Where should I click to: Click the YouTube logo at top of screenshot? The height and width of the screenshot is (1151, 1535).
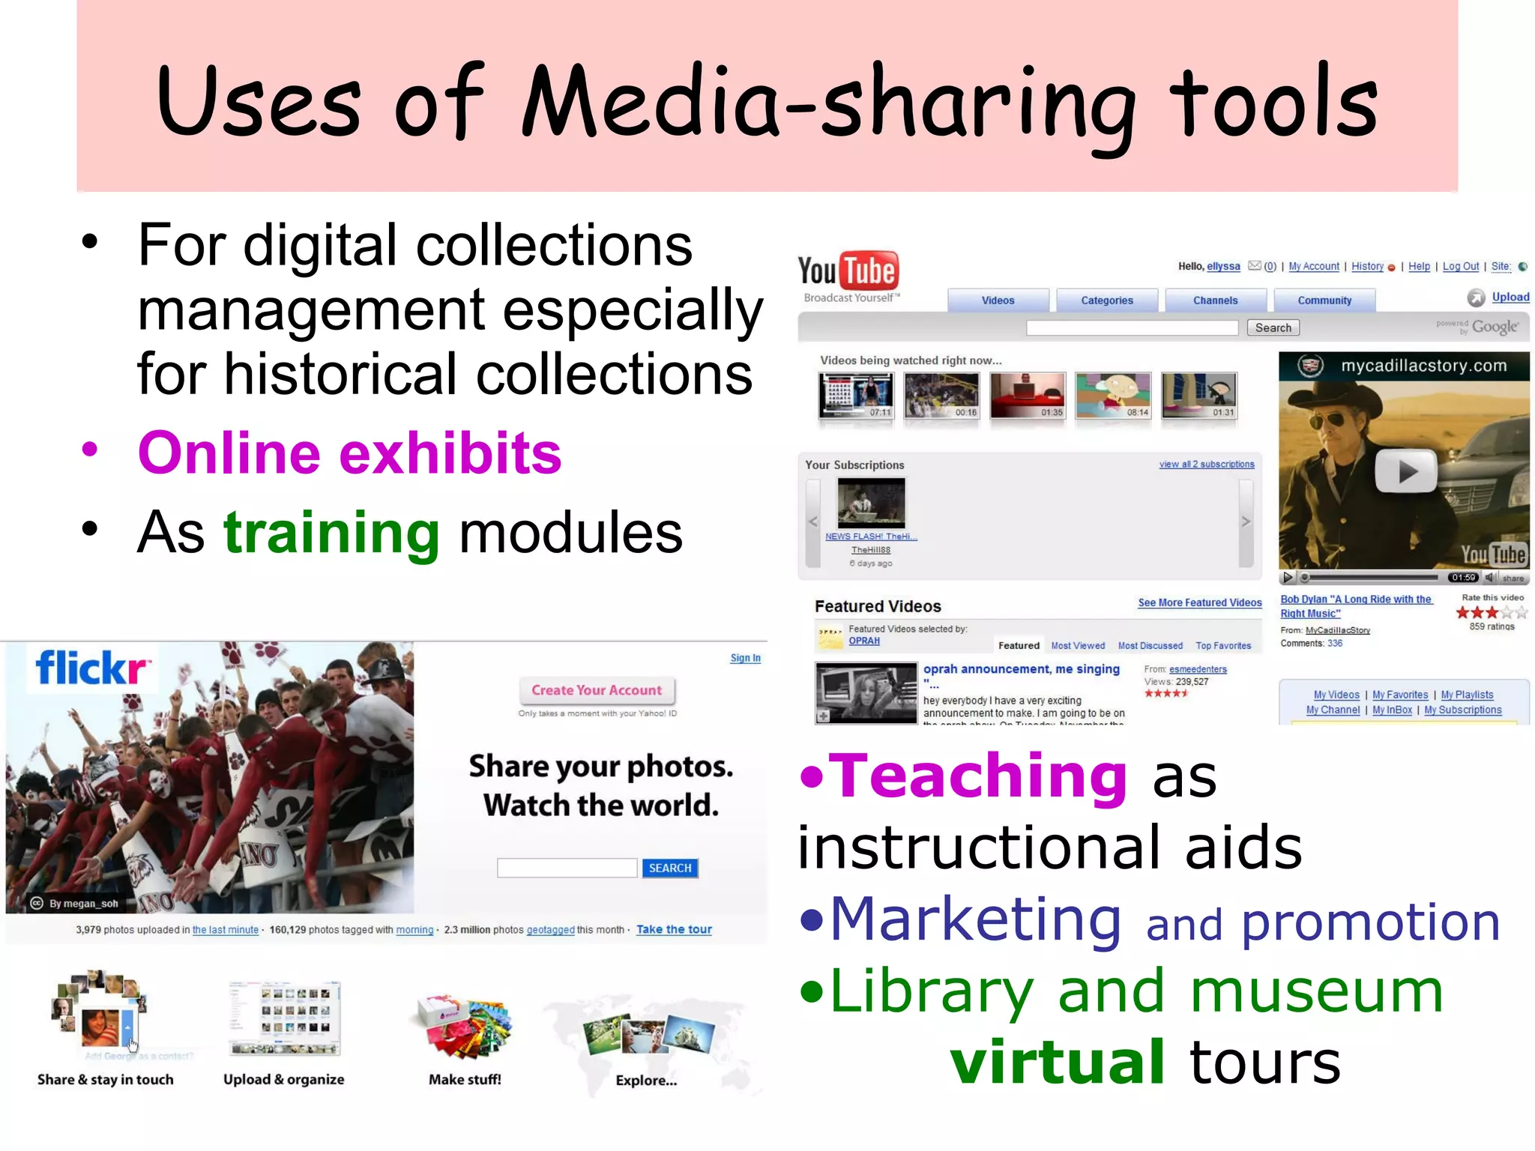(848, 272)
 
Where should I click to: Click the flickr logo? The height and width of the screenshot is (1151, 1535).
(91, 668)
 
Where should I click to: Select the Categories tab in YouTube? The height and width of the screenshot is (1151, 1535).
(1106, 300)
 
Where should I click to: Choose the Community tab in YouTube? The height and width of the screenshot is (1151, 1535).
(1324, 300)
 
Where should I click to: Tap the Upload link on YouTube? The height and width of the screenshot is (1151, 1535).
(1510, 297)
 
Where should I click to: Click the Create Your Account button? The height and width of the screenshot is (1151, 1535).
(597, 690)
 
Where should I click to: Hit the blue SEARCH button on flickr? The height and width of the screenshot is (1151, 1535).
(669, 868)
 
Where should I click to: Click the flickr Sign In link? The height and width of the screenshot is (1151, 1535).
(745, 658)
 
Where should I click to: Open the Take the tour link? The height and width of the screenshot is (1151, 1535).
(674, 929)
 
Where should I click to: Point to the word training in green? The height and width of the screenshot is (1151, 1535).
(331, 533)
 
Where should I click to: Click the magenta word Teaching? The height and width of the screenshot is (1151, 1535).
(978, 776)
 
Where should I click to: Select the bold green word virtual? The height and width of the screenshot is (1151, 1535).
(1057, 1062)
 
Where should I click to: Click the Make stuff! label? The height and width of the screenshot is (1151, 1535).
(465, 1079)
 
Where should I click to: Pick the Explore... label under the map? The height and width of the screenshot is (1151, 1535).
(646, 1081)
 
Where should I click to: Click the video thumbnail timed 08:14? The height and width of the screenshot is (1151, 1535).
(1113, 395)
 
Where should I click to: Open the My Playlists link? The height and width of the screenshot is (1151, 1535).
(1467, 695)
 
